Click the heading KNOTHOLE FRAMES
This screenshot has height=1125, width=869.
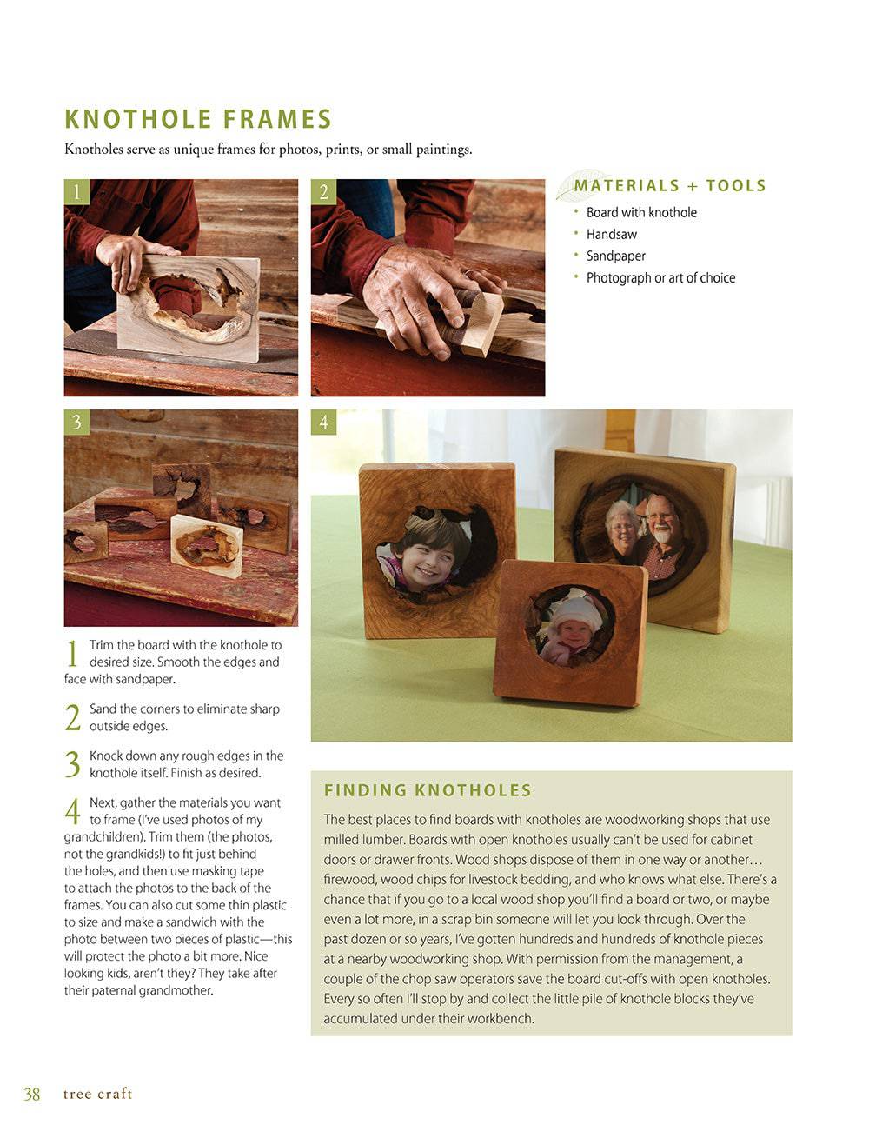point(198,119)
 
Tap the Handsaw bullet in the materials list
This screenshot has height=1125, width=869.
point(611,234)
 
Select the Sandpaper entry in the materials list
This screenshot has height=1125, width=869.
point(615,256)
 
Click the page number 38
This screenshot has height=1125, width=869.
point(32,1094)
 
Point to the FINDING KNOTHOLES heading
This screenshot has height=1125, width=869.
point(428,790)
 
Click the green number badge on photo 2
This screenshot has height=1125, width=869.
point(323,191)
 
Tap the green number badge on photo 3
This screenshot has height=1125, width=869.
point(76,422)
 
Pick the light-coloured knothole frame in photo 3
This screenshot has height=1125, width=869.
point(205,546)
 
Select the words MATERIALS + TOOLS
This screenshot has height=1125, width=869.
point(669,185)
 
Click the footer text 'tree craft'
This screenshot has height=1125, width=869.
point(97,1094)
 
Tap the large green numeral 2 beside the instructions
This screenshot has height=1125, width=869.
point(73,717)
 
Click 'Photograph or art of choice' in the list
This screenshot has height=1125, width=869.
point(660,277)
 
